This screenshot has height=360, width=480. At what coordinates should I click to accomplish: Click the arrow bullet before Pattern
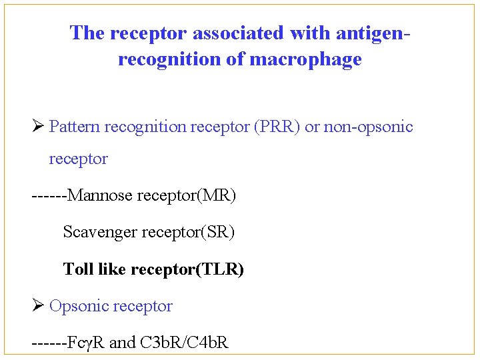point(37,126)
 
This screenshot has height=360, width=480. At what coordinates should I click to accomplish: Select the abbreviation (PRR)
point(276,127)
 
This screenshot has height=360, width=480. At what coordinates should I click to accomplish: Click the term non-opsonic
point(369,127)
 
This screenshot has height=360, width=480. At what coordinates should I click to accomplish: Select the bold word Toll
point(78,269)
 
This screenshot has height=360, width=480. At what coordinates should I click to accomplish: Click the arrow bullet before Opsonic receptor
point(37,306)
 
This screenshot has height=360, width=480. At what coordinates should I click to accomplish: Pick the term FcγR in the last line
point(86,343)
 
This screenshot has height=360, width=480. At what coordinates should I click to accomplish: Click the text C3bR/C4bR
point(185,343)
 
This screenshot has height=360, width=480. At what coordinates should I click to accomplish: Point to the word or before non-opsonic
point(311,127)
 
